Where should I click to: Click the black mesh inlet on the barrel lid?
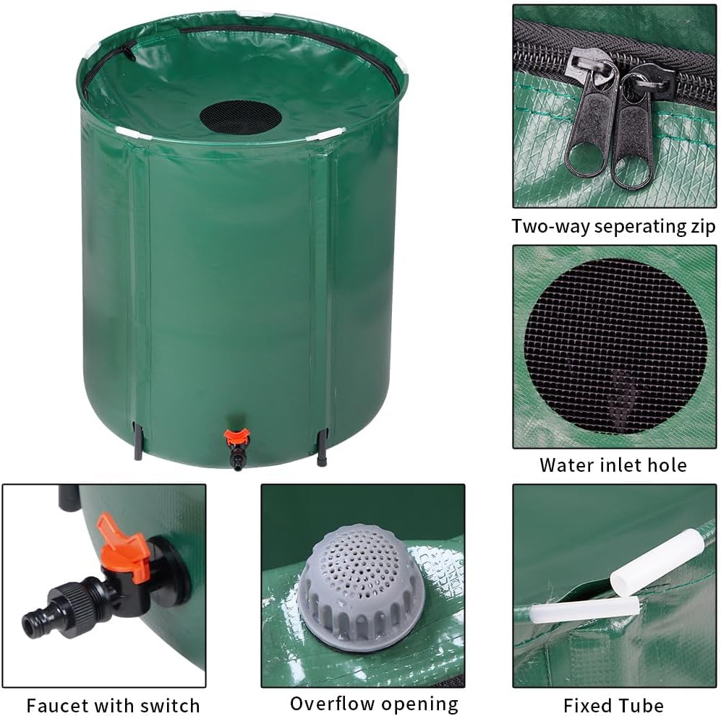240,117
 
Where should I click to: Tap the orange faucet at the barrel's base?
236,437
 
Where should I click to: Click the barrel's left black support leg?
137,442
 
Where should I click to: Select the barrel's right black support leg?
322,448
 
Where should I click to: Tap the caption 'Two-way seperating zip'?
613,226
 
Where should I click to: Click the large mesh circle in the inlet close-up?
615,345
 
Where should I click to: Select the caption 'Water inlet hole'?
613,464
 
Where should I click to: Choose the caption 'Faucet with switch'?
113,704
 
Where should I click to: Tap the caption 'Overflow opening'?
374,703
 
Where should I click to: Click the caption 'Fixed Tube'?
613,704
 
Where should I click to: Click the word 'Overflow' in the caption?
334,703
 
